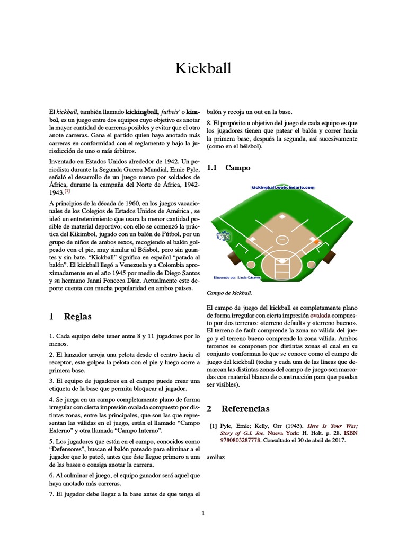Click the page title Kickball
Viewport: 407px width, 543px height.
pos(203,69)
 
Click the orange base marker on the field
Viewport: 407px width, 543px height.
pos(316,242)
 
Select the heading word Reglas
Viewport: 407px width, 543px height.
pos(77,317)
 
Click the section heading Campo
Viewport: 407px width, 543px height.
pos(237,168)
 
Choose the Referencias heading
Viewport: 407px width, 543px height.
pos(245,409)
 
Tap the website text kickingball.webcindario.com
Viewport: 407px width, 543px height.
pos(282,187)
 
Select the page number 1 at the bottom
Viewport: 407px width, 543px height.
pos(203,513)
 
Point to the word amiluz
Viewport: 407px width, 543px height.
pos(215,457)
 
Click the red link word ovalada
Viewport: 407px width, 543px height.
pos(313,315)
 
